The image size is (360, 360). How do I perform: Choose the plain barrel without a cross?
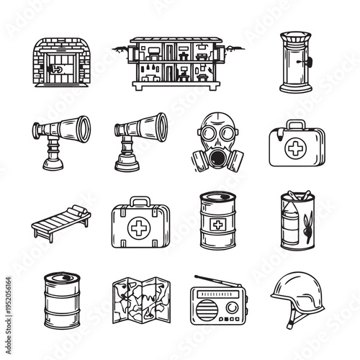click(62, 300)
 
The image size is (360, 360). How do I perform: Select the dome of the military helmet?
click(296, 291)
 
